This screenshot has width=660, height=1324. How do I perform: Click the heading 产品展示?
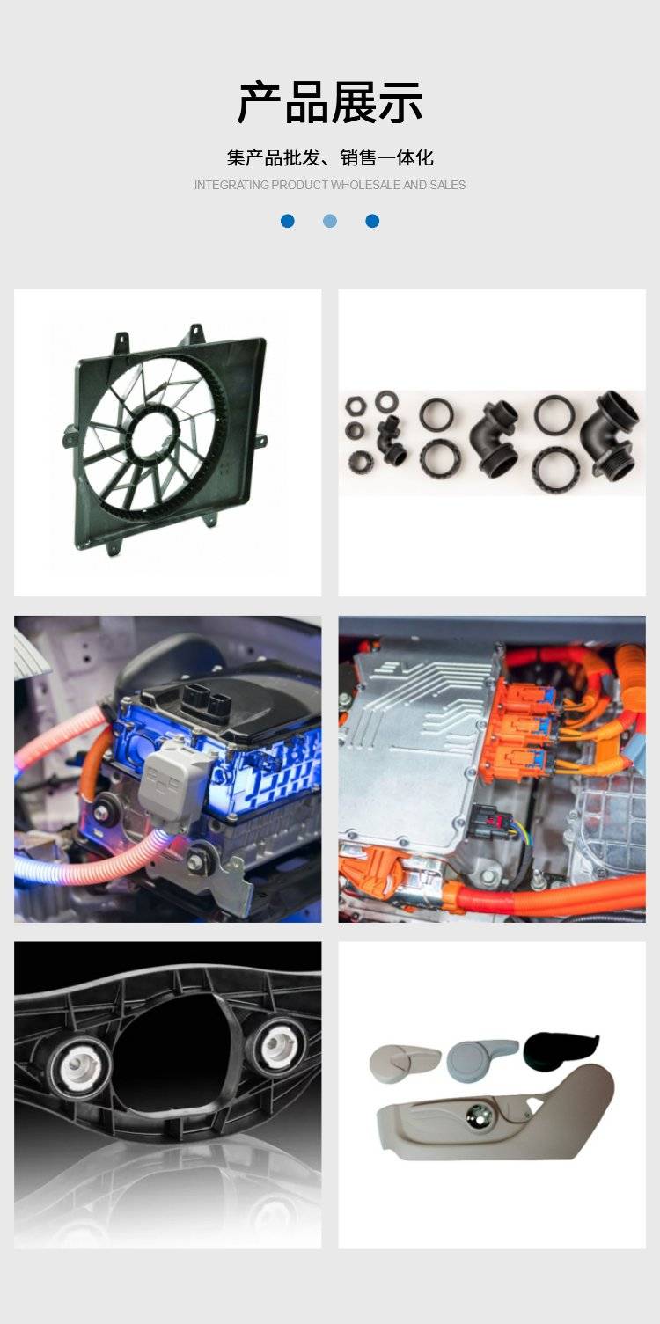click(330, 103)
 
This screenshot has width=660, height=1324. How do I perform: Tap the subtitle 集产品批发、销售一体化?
click(330, 157)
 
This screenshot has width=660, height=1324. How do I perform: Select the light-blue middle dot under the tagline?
click(330, 221)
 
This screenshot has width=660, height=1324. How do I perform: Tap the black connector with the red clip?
click(489, 821)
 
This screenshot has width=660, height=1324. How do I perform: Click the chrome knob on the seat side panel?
click(479, 1116)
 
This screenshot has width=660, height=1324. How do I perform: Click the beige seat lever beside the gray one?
click(404, 1061)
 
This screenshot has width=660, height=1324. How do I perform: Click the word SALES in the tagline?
click(448, 185)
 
